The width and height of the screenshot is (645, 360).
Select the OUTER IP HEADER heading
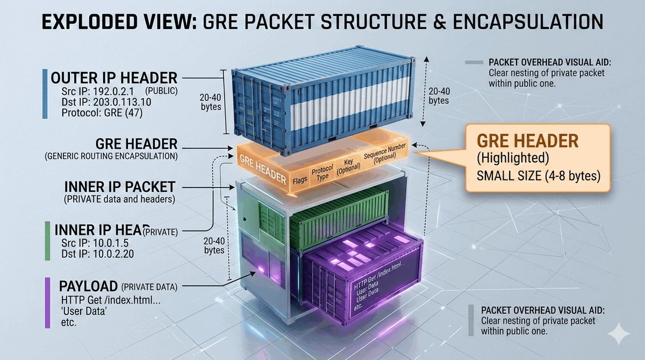[x=113, y=77]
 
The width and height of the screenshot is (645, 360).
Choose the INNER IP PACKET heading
[x=119, y=188]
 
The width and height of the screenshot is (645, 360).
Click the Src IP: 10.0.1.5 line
[x=92, y=243]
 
